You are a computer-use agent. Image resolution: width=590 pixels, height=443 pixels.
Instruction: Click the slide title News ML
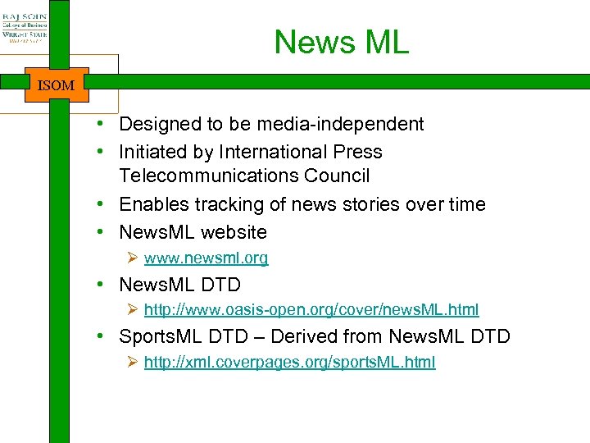[341, 42]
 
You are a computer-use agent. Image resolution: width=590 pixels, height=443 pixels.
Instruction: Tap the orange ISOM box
[57, 84]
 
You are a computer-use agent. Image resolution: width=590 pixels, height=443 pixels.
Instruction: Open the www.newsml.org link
[206, 258]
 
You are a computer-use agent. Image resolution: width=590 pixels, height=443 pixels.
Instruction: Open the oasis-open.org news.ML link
[311, 310]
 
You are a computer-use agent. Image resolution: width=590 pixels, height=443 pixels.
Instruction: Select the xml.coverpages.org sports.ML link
[289, 363]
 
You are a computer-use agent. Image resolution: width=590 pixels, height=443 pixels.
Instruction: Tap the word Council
[343, 176]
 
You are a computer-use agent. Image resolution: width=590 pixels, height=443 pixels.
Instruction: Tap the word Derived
[300, 336]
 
